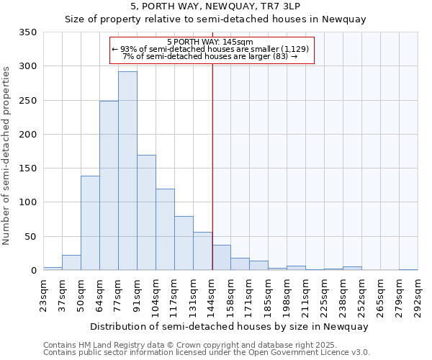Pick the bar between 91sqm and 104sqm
coord(146,212)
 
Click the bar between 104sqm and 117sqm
coord(165,230)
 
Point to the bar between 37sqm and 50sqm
coord(71,263)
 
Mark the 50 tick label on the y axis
coord(31,237)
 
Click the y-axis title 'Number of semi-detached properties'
coord(7,155)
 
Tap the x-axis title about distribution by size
coord(230,326)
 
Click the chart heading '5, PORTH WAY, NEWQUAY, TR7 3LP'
coord(216,6)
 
